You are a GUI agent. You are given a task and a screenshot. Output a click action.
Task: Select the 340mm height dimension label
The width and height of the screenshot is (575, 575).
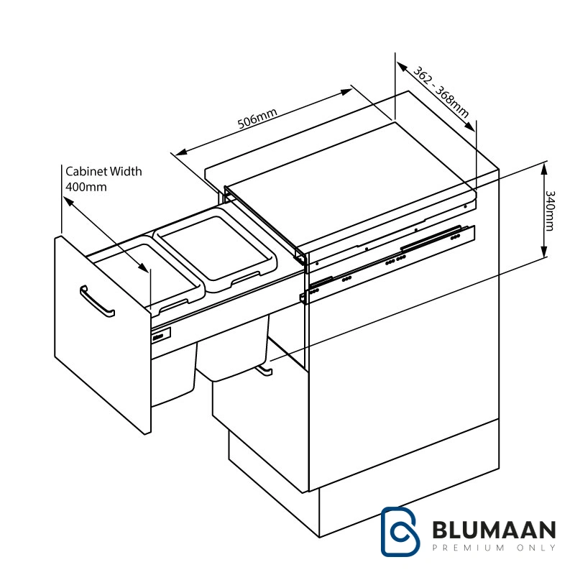550,210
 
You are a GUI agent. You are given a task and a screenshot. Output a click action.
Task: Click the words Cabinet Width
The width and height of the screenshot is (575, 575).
103,172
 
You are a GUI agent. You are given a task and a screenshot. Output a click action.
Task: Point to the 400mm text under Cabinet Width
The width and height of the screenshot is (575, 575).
86,187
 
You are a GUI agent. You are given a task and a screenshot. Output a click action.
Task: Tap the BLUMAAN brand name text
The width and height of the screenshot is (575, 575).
494,530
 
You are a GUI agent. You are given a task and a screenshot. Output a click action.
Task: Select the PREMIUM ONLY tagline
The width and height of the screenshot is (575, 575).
494,548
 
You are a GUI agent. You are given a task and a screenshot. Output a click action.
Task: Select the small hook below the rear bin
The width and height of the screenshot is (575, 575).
263,369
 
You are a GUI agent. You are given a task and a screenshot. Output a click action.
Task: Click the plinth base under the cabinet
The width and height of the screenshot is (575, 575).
402,503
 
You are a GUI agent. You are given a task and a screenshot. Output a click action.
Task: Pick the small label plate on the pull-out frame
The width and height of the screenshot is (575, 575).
161,333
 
